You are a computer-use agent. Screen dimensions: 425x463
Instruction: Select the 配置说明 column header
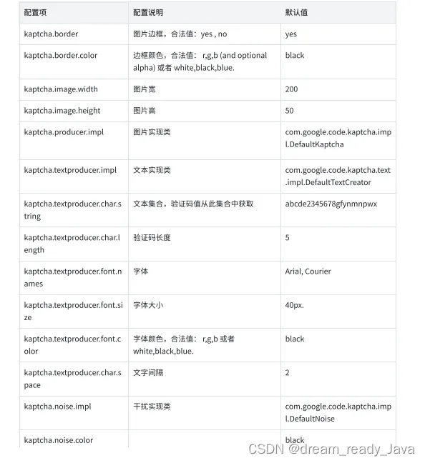(x=148, y=13)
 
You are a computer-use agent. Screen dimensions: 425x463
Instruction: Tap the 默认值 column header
(x=296, y=13)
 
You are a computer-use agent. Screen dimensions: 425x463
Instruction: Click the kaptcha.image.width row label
(x=61, y=89)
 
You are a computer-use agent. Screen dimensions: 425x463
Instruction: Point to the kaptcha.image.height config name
(x=62, y=111)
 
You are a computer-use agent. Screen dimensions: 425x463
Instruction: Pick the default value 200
(x=291, y=89)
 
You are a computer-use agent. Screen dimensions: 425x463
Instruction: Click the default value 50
(x=289, y=111)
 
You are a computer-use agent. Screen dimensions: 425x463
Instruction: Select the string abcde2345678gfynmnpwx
(x=331, y=204)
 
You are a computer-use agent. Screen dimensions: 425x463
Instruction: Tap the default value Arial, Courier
(x=308, y=272)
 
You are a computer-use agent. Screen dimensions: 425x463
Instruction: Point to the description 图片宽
(x=145, y=89)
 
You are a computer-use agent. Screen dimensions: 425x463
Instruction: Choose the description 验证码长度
(x=152, y=237)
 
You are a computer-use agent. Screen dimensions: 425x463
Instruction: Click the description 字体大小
(x=148, y=305)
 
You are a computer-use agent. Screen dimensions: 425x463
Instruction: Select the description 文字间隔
(x=148, y=373)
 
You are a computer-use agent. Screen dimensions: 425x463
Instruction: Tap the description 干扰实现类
(x=152, y=407)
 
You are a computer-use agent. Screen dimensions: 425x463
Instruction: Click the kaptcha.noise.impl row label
(x=57, y=407)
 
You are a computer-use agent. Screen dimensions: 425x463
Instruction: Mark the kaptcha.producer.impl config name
(x=64, y=132)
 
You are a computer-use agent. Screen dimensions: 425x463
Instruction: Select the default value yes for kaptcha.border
(x=290, y=34)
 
